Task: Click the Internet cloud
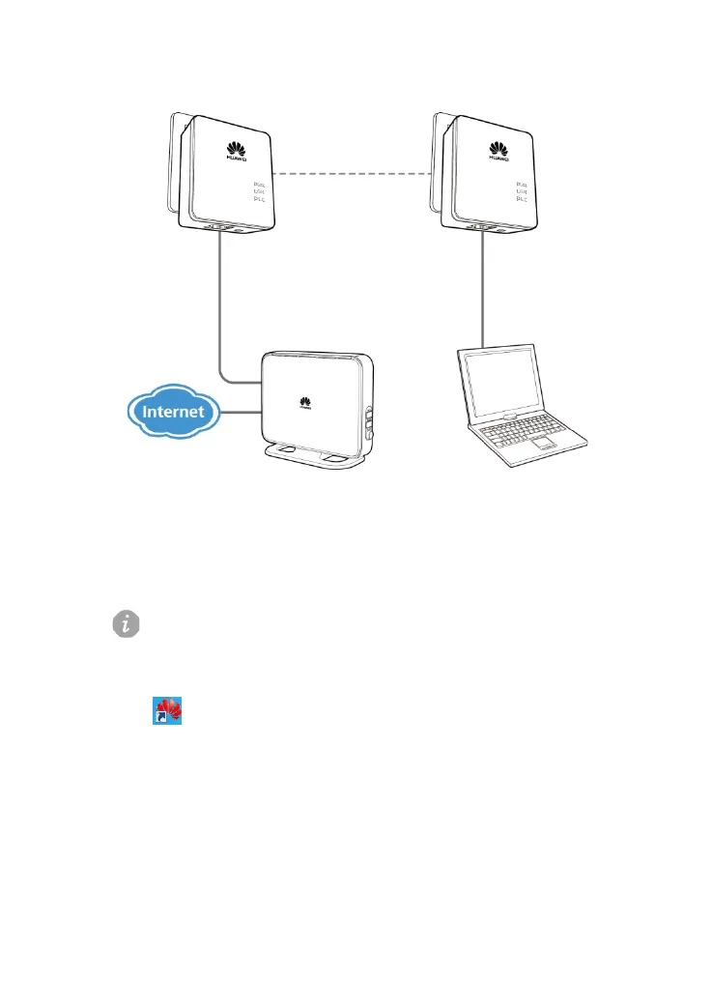pyautogui.click(x=174, y=412)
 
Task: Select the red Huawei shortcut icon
pyautogui.click(x=169, y=713)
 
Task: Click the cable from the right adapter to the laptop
pyautogui.click(x=481, y=290)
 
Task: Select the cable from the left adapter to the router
pyautogui.click(x=221, y=309)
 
